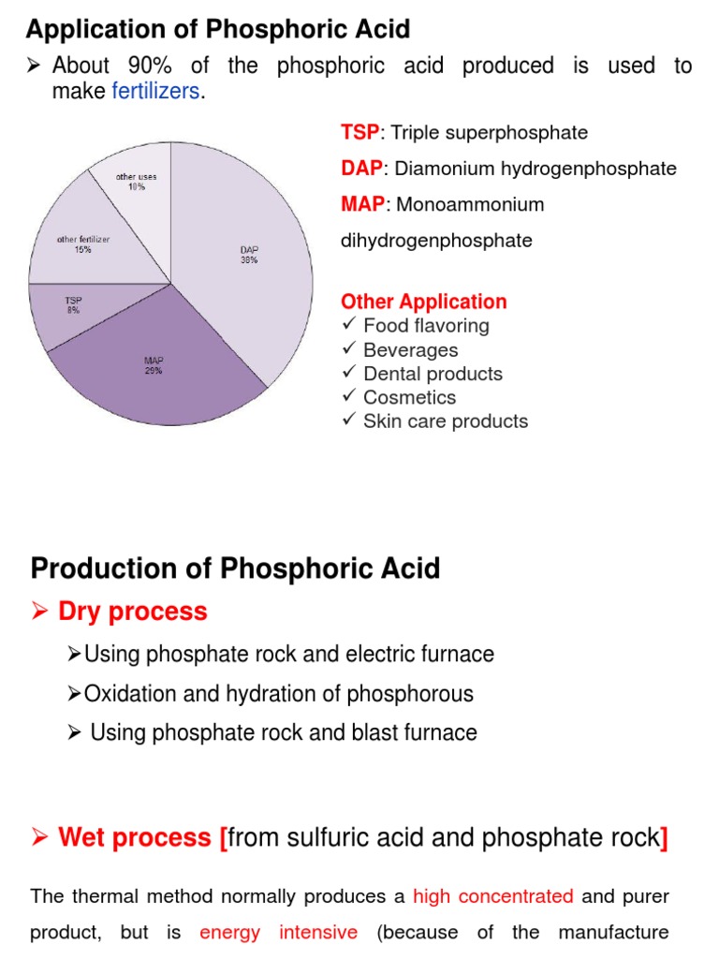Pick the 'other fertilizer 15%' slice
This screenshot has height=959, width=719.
[x=84, y=244]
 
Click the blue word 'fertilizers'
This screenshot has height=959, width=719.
[x=155, y=92]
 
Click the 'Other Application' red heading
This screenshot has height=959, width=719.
[x=423, y=302]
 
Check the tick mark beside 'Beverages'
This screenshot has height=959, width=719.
[x=349, y=349]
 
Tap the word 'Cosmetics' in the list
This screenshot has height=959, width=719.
[x=409, y=397]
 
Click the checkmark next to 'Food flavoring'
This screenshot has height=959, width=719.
[x=349, y=325]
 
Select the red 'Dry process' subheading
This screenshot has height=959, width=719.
[x=132, y=612]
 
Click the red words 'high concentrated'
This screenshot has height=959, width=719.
[x=492, y=896]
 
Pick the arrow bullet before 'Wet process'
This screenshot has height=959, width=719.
[x=39, y=837]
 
